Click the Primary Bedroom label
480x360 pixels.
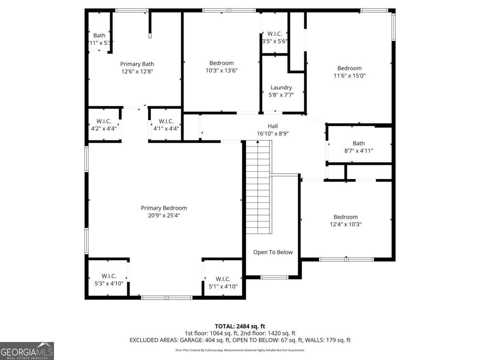click(164, 208)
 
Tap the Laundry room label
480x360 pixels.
click(281, 88)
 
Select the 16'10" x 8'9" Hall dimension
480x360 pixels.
click(273, 134)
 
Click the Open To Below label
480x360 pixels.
click(273, 252)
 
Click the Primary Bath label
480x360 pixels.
click(137, 64)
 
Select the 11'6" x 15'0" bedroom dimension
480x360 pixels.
click(349, 75)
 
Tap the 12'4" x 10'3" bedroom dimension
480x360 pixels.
click(346, 224)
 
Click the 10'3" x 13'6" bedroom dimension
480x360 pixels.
click(221, 70)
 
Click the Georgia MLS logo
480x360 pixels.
click(27, 351)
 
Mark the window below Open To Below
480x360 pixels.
click(274, 277)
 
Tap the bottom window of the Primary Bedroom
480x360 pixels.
click(167, 298)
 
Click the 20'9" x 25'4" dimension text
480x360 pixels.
click(164, 215)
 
